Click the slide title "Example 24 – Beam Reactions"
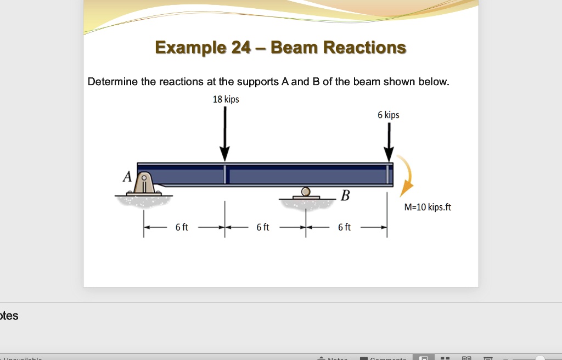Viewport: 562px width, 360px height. click(x=280, y=48)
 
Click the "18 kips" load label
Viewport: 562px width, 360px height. click(x=226, y=99)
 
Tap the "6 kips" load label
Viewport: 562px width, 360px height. click(x=388, y=115)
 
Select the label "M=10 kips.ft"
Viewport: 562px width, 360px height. click(x=428, y=207)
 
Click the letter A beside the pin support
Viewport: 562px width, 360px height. click(x=127, y=177)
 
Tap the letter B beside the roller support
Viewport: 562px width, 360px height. click(x=345, y=195)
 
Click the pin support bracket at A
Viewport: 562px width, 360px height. click(x=144, y=183)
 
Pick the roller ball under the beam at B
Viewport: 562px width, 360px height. click(x=306, y=191)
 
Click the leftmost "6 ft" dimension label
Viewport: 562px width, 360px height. click(x=182, y=227)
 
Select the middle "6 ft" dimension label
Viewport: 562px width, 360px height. click(x=263, y=227)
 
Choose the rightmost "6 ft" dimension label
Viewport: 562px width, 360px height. click(x=344, y=227)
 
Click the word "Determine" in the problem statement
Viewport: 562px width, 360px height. click(x=113, y=82)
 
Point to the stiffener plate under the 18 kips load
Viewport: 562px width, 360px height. click(x=224, y=175)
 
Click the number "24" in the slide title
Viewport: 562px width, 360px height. click(x=241, y=48)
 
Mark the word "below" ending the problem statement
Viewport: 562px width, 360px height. click(x=433, y=82)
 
